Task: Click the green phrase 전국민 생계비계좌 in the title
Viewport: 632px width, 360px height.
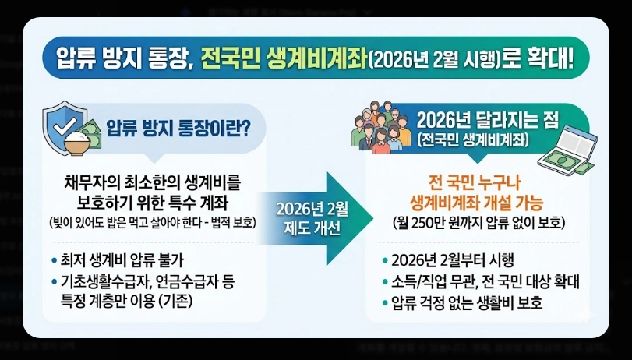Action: (x=281, y=58)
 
